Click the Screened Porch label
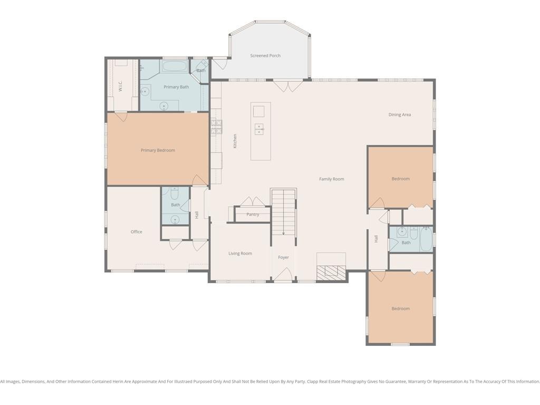click(x=265, y=55)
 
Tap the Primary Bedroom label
click(x=158, y=150)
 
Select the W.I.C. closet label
click(x=120, y=86)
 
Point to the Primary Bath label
click(x=176, y=87)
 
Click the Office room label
click(x=137, y=232)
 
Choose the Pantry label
click(x=253, y=214)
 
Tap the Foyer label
click(x=283, y=257)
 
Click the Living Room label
click(x=240, y=254)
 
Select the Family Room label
click(x=331, y=179)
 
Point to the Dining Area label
click(x=400, y=114)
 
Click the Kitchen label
click(x=235, y=141)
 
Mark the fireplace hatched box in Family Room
click(x=331, y=272)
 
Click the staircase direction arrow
click(x=283, y=213)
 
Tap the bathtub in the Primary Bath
click(x=175, y=66)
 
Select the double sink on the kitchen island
click(x=259, y=129)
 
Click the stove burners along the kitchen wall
click(x=217, y=127)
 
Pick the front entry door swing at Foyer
click(x=283, y=275)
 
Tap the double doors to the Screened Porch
click(x=288, y=86)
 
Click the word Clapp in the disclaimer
click(x=313, y=382)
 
